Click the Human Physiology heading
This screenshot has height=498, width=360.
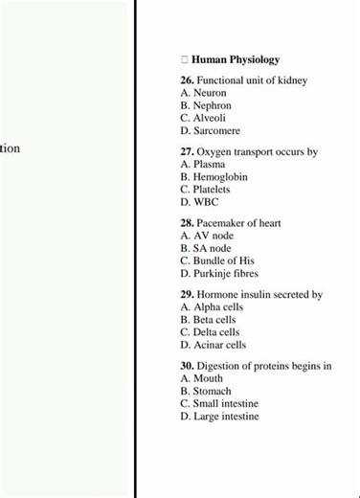point(235,59)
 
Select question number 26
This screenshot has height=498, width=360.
point(187,81)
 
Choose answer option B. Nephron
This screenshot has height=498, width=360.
point(205,106)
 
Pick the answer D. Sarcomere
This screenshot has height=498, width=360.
point(210,131)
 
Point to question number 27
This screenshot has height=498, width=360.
point(187,152)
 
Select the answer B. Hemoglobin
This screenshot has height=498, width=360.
point(214,177)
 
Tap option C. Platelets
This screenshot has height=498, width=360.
point(205,190)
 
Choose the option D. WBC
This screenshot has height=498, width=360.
point(199,202)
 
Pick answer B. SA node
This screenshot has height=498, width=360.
point(205,248)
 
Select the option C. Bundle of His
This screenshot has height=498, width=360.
point(217,260)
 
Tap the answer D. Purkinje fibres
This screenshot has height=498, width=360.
point(219,273)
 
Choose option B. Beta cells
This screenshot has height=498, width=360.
point(208,320)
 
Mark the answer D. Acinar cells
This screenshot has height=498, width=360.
point(213,345)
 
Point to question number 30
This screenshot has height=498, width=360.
point(187,367)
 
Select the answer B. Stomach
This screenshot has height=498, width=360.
point(205,392)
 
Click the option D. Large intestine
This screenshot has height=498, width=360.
point(219,417)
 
